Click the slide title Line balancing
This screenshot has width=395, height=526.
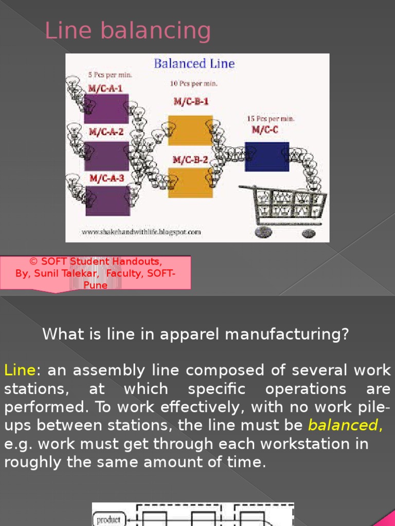point(128,31)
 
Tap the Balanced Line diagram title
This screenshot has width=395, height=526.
point(194,64)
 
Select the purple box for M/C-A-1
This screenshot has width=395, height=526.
point(106,108)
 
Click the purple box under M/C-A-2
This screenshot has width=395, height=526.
point(106,155)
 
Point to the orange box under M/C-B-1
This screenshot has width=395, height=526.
point(190,130)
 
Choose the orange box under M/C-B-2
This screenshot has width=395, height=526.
point(190,182)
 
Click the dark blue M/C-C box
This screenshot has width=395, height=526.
point(266,156)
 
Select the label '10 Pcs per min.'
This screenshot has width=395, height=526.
point(193,83)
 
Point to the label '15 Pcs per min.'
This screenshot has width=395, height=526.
point(271,119)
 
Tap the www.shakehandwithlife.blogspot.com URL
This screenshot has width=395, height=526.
point(141,232)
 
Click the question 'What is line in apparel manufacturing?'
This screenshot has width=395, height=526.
point(195,334)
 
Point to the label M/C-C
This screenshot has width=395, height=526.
point(264,130)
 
